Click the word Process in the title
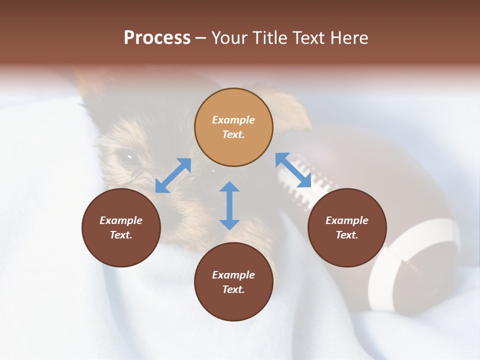[157, 38]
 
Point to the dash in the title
[200, 38]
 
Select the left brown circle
[121, 227]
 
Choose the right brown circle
[347, 227]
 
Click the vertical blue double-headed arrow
[229, 205]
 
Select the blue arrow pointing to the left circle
[173, 175]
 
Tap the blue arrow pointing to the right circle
[293, 170]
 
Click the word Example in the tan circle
[233, 120]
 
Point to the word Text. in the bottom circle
[233, 289]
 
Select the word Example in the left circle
[121, 220]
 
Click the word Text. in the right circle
[347, 235]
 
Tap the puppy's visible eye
[129, 158]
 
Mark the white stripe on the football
[415, 260]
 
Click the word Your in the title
[230, 38]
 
